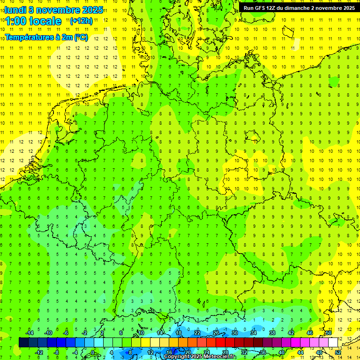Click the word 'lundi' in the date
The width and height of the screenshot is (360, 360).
coord(15,10)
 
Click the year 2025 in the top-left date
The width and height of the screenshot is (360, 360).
coord(92,10)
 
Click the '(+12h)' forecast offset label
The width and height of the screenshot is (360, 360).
coord(81,21)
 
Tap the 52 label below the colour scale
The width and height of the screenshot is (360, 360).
coord(338,352)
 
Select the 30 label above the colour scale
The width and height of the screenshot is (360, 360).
coord(235,333)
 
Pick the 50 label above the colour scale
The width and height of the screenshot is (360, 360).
coord(329,333)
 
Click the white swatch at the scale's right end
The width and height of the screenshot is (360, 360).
coord(333,342)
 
